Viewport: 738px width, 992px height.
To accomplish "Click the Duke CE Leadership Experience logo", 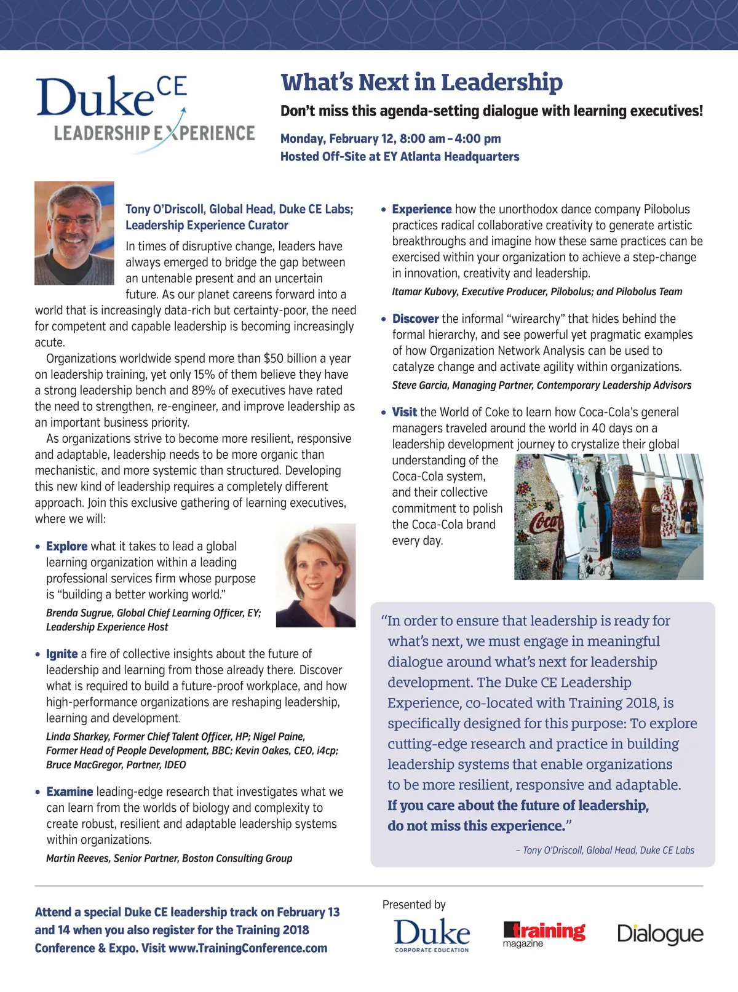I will click(145, 111).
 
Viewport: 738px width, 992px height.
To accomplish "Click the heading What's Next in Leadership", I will click(421, 82).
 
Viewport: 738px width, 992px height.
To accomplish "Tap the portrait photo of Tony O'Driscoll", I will click(74, 233).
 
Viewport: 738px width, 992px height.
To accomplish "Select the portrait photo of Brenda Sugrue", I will click(315, 576).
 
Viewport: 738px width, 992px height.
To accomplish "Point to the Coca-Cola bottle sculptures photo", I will click(608, 517).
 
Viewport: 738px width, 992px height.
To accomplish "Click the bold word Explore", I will click(67, 546).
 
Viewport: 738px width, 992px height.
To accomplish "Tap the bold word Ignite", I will click(62, 654).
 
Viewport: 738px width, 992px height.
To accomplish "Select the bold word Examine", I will click(69, 792).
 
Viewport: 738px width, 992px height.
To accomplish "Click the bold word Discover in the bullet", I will click(415, 319).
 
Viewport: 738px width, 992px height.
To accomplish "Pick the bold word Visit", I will click(405, 412).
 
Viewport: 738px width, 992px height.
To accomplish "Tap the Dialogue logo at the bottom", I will click(660, 934).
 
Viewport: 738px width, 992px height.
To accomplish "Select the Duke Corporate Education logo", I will click(432, 935).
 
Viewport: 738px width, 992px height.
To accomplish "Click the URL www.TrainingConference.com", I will click(248, 948).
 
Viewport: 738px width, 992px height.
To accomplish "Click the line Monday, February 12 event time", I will click(391, 138).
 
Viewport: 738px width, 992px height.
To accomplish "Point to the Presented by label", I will click(414, 905).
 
